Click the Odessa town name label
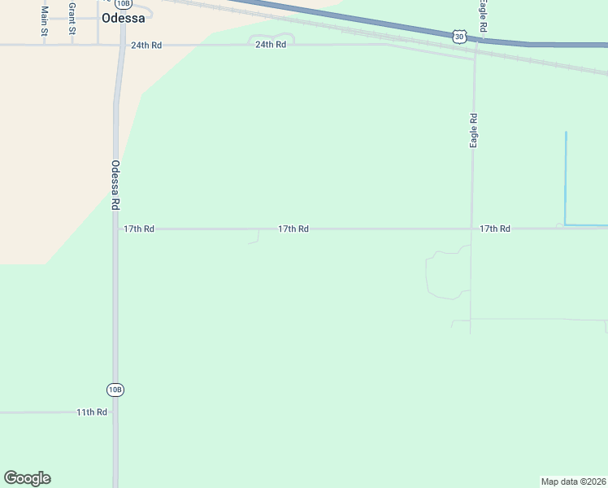pos(124,18)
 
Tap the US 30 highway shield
pos(460,36)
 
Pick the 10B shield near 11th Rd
pos(115,390)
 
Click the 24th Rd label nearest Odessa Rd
pos(146,45)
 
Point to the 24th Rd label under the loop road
pos(271,45)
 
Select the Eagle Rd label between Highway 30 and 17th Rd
pos(473,130)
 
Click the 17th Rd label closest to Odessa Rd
pos(139,229)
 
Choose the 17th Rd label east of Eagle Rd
pos(494,229)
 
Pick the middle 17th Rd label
pos(293,229)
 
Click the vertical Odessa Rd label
pos(115,185)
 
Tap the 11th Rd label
pos(92,412)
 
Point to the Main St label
pos(45,20)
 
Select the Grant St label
pos(72,18)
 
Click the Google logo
pos(27,478)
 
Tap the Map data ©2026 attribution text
pos(573,481)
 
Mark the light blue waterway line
pos(566,179)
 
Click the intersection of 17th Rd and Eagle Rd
pos(471,229)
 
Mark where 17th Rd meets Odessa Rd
pos(117,229)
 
